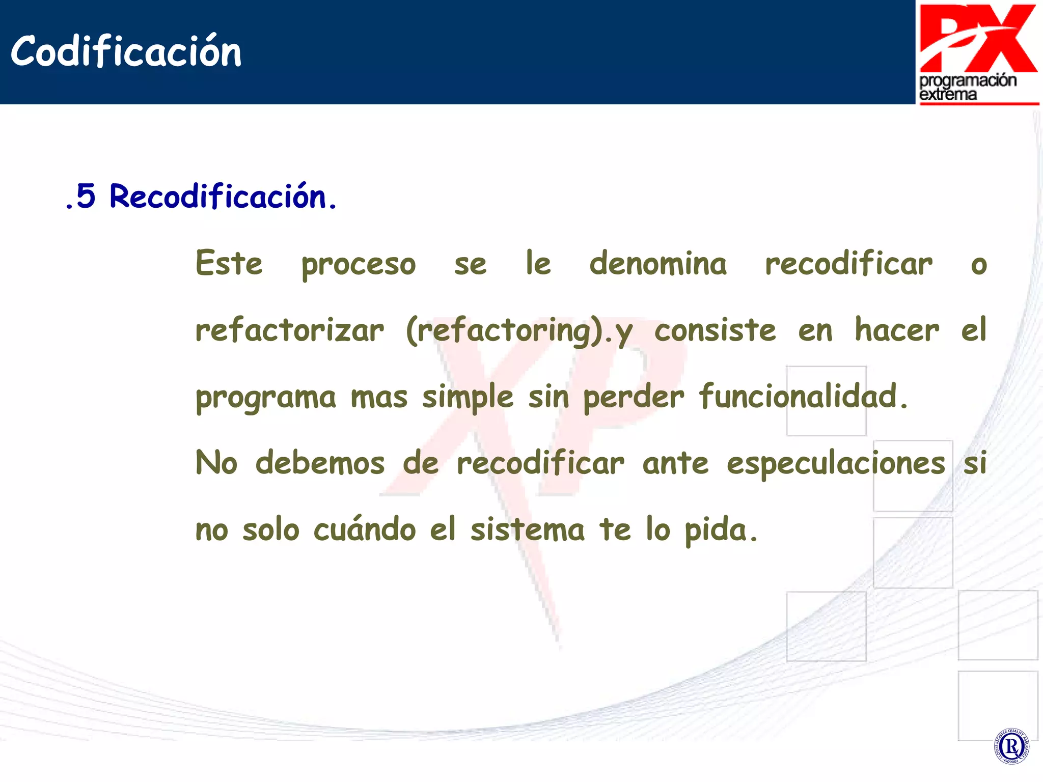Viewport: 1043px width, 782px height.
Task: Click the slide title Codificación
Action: point(126,52)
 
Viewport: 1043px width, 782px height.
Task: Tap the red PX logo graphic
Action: point(978,38)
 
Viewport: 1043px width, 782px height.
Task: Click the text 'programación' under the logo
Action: point(968,80)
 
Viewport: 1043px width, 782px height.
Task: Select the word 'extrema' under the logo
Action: point(948,95)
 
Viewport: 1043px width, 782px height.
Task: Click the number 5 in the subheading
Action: point(86,196)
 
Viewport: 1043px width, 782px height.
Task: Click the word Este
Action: point(229,264)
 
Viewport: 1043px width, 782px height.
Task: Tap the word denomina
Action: point(658,264)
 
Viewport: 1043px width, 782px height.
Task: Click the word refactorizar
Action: point(290,330)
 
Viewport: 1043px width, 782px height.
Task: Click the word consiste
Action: point(715,330)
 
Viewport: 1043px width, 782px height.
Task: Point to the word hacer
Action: point(897,330)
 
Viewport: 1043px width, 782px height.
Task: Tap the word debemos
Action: point(320,463)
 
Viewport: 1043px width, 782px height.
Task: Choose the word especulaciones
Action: point(836,464)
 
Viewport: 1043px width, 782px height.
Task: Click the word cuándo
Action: point(365,529)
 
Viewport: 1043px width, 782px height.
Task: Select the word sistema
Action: point(528,529)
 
